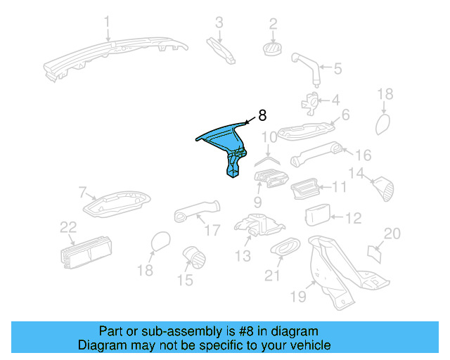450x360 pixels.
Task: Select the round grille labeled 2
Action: (x=271, y=47)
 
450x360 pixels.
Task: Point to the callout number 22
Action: (x=67, y=226)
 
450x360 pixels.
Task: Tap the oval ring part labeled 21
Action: (x=284, y=247)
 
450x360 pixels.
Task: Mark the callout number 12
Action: (x=353, y=219)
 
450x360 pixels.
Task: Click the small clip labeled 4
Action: (x=309, y=101)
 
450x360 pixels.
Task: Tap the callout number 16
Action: (x=363, y=155)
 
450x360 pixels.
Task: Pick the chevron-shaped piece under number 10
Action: (x=266, y=160)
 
